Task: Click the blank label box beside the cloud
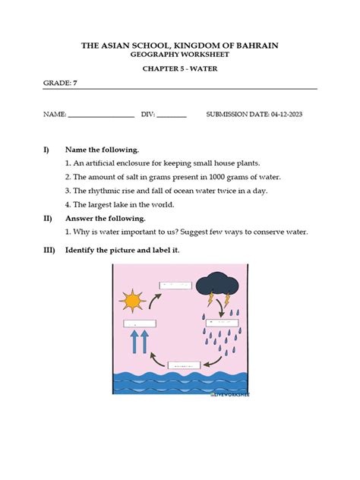pyautogui.click(x=175, y=285)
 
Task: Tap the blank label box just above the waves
pyautogui.click(x=184, y=365)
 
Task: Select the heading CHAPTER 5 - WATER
pyautogui.click(x=179, y=68)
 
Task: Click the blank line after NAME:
pyautogui.click(x=101, y=116)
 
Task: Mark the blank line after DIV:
pyautogui.click(x=172, y=116)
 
